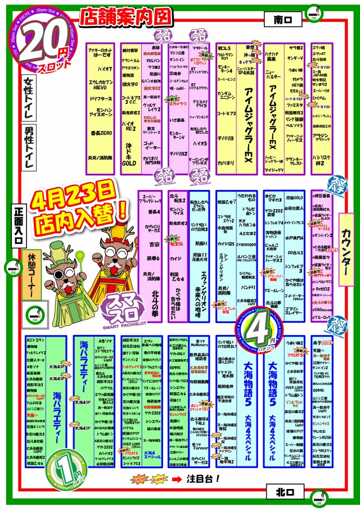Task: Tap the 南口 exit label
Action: click(x=280, y=20)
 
